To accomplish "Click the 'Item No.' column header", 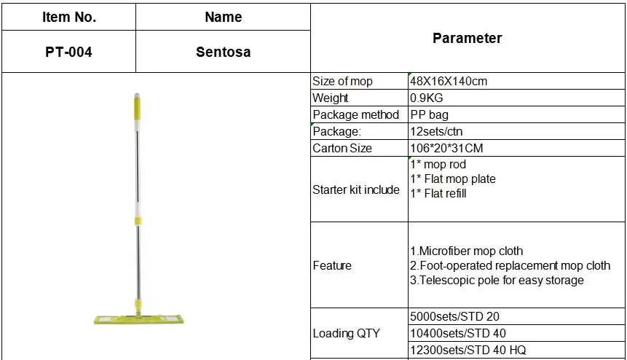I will [68, 17].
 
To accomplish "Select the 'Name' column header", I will [224, 17].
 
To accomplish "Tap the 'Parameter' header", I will [467, 38].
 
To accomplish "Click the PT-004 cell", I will [68, 52].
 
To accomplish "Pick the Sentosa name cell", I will [224, 52].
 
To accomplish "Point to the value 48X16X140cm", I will [449, 81].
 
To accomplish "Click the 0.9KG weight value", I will [427, 98].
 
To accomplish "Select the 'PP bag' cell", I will [430, 114].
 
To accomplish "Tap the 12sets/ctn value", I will [436, 131].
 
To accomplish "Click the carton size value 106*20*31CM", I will [446, 148].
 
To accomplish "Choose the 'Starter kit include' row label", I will [356, 189].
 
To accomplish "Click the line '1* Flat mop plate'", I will [453, 179].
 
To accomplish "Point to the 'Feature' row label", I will [332, 265].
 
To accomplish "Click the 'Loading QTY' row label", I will [346, 333].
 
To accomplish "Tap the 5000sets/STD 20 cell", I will [455, 316].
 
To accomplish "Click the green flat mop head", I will [137, 318].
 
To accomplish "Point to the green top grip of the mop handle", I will [136, 106].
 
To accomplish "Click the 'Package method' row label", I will [355, 114].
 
